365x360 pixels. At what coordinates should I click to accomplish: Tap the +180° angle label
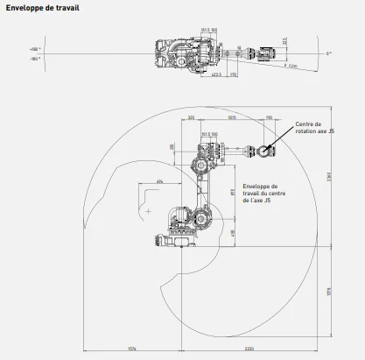pos(34,50)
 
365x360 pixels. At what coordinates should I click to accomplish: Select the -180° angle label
pos(34,59)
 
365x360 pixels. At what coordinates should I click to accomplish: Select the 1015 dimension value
pos(231,116)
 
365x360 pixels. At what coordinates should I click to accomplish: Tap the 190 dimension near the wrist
pos(268,116)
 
